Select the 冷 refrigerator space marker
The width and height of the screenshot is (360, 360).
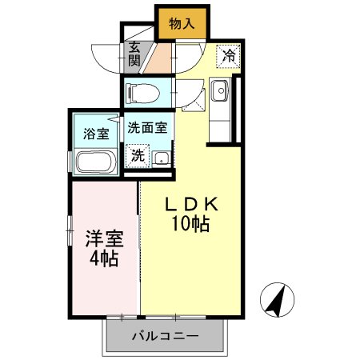pos(228,55)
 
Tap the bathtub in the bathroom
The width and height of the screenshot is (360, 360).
pos(97,162)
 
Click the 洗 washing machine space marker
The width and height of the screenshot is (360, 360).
pos(138,155)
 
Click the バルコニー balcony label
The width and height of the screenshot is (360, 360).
pos(165,336)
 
